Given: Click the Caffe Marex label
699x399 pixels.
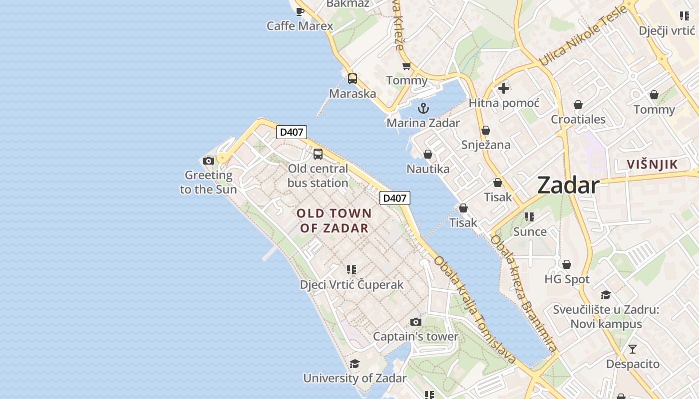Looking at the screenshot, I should (x=300, y=26).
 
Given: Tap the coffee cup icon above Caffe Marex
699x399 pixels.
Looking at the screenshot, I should (x=300, y=11).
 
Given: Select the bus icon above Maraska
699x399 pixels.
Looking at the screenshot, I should (x=352, y=79).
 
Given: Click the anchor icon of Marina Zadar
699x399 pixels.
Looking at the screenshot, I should (x=423, y=108).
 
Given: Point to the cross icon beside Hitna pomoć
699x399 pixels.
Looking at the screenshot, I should (x=504, y=88).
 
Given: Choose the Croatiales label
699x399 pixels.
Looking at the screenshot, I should (x=578, y=119).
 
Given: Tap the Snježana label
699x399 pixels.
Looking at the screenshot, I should (x=486, y=145).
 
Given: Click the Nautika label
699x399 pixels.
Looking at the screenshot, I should (x=428, y=169).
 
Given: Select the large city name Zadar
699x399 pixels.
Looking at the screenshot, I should (x=568, y=186).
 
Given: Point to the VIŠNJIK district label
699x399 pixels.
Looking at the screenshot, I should (x=652, y=164).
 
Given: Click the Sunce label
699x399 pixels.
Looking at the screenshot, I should (x=530, y=231).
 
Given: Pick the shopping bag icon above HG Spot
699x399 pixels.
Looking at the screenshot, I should (x=567, y=264).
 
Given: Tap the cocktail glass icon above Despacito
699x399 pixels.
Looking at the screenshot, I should (x=633, y=349).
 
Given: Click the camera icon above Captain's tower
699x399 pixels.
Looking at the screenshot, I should (x=415, y=322).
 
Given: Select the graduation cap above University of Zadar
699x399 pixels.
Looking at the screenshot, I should (x=354, y=364).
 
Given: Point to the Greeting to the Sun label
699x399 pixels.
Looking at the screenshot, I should (x=208, y=182).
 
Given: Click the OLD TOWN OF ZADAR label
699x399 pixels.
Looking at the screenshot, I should (x=334, y=220).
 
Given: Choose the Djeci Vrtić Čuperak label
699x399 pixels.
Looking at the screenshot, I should (x=351, y=285).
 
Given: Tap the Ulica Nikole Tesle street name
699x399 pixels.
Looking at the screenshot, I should (x=582, y=36).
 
